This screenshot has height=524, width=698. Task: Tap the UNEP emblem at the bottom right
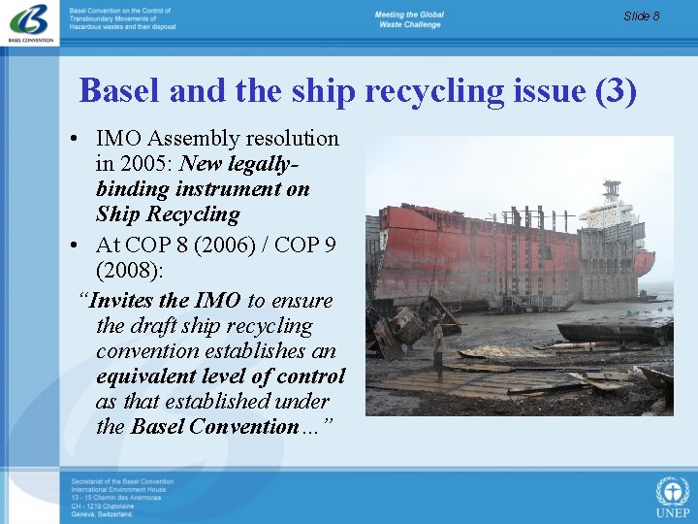click(672, 496)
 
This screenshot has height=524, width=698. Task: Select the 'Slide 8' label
click(642, 16)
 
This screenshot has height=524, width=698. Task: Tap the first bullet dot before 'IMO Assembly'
click(75, 140)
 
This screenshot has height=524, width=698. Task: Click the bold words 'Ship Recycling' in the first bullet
click(168, 214)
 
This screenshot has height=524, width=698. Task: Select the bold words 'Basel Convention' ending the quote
click(214, 427)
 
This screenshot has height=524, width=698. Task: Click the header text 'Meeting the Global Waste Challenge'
click(408, 19)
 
